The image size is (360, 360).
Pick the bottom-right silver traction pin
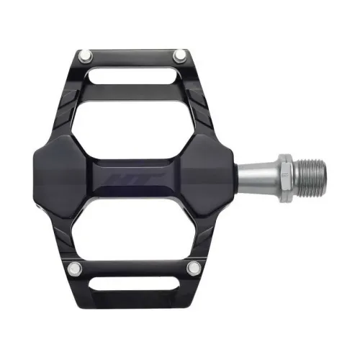coord(192,269)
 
